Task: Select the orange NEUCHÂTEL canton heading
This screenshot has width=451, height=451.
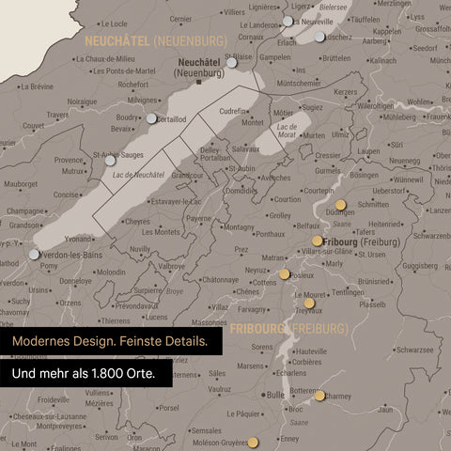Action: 118,41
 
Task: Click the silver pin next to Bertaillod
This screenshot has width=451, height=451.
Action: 152,118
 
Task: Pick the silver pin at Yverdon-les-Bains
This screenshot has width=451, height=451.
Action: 35,254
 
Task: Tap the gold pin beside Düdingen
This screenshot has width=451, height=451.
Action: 340,203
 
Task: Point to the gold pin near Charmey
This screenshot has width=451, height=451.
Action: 320,396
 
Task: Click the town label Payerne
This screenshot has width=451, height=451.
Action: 199,218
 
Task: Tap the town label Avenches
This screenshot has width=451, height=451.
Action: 275,177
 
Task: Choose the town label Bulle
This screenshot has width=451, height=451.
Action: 275,396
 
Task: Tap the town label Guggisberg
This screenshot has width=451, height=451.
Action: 421,266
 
